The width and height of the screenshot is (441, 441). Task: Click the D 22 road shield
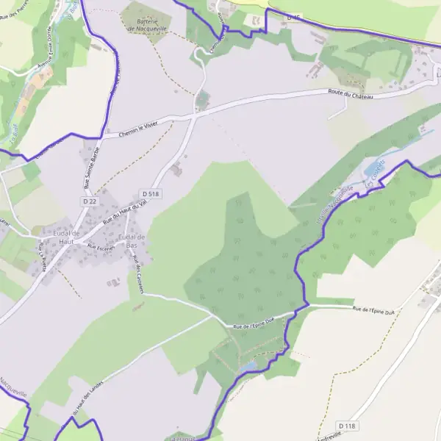click(x=90, y=201)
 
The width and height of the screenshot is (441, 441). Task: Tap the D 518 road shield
click(x=150, y=193)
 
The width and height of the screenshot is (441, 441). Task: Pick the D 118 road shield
click(x=347, y=426)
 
